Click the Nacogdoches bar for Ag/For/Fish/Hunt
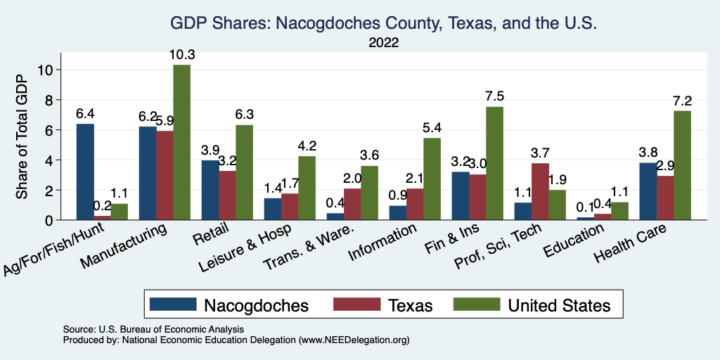85,172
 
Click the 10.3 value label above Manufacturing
181,54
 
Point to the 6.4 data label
85,113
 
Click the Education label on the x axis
575,239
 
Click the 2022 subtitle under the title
383,43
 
